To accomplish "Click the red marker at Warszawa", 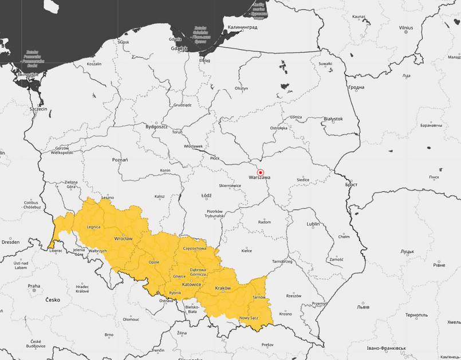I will pos(261,172).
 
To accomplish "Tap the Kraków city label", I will pos(222,288).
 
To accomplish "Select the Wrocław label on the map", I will pos(123,238).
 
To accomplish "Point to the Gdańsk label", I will pos(179,49).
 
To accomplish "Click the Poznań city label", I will pos(120,160).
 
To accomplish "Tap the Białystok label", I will pos(333,119).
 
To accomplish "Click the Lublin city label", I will pos(313,224).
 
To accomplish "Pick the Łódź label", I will pos(206,195).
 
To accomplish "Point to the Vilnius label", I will pos(405,27).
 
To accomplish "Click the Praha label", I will pos(34,286).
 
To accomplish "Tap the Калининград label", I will pos(243,27).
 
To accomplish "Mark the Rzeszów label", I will pos(293,296).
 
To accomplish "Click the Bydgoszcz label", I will pos(156,126).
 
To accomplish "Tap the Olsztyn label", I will pos(241,89).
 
